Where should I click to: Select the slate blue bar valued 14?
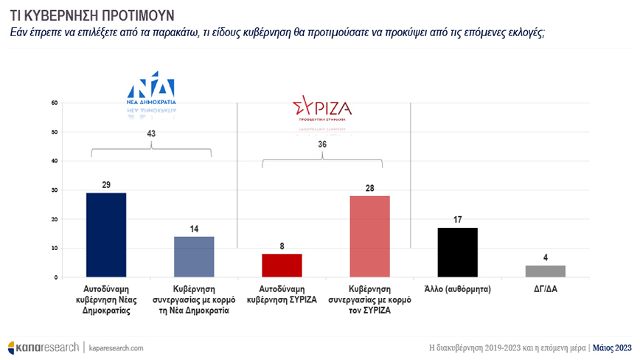click(193, 257)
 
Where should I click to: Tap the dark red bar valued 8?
click(282, 266)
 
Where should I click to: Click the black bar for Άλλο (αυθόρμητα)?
click(458, 252)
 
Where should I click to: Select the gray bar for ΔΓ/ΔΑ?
click(545, 271)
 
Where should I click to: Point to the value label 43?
click(152, 134)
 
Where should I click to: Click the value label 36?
click(322, 145)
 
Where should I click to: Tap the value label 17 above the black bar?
click(458, 220)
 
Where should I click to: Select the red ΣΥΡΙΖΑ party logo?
click(322, 110)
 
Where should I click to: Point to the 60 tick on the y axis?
click(55, 103)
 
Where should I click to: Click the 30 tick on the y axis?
click(55, 190)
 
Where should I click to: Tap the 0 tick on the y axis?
click(56, 277)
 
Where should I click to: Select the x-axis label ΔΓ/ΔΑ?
click(545, 290)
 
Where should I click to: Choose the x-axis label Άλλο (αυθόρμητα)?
click(458, 290)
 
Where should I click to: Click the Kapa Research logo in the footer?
click(43, 347)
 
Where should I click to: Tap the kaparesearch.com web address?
click(116, 347)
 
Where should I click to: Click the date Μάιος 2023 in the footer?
click(613, 347)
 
